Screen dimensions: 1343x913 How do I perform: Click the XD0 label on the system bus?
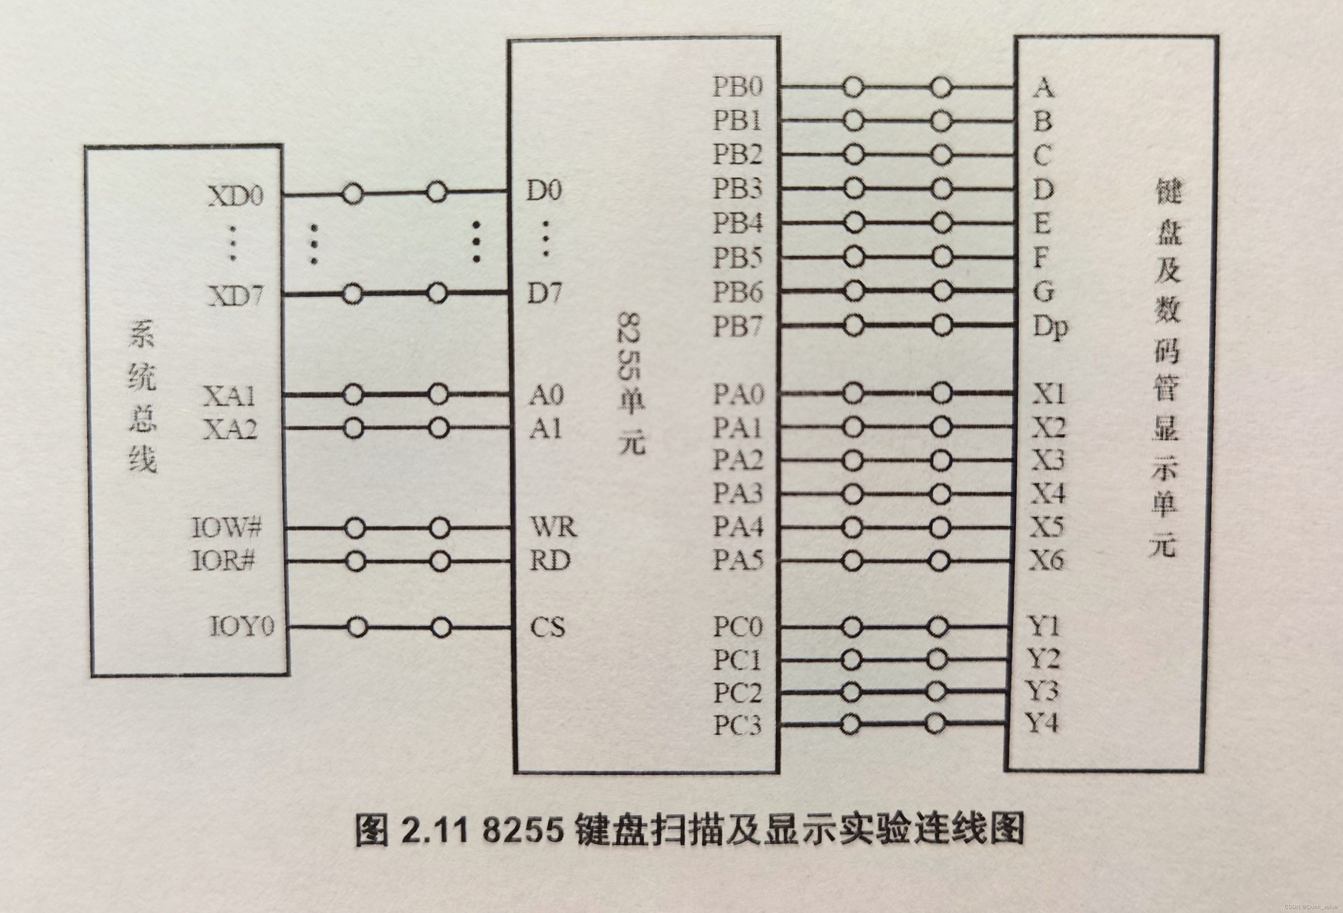coord(235,197)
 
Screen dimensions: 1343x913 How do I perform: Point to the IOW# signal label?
coord(226,527)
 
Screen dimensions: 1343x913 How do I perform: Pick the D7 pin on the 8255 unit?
coord(544,294)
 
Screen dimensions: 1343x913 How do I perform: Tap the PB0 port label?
coord(738,87)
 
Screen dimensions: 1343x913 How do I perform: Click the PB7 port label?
coord(738,327)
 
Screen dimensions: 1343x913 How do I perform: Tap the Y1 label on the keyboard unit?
coord(1043,626)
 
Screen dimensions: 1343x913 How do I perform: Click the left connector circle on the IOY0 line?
coord(358,627)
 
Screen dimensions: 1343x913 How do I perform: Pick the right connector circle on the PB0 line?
coord(941,87)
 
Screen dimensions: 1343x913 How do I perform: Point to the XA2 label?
coord(230,429)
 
